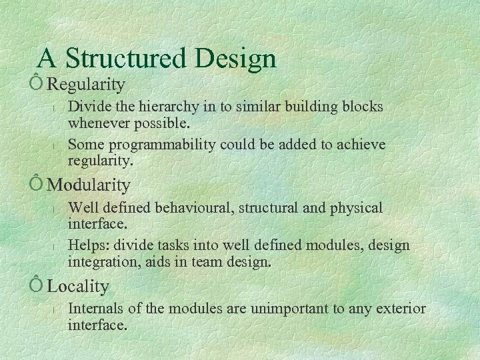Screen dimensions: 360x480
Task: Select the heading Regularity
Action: [86, 85]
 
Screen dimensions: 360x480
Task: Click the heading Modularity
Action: [89, 185]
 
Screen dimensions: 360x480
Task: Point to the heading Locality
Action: [78, 287]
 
